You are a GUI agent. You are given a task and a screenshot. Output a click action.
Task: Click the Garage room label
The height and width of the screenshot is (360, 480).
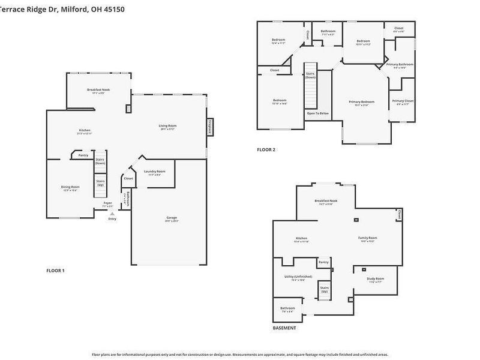[x=172, y=218]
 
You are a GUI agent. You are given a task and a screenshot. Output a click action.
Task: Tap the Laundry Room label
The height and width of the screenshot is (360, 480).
[x=154, y=172]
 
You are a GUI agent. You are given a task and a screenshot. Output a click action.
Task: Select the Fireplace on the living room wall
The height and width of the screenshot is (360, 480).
[x=209, y=127]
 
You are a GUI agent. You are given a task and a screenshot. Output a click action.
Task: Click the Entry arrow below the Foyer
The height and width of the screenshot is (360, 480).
[x=112, y=214]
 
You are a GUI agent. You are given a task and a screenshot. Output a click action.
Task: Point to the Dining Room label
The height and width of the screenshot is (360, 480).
[x=70, y=187]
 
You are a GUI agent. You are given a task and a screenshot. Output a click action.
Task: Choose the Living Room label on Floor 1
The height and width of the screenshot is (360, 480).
[x=167, y=126]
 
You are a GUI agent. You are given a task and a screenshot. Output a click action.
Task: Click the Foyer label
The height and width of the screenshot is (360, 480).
[x=107, y=203]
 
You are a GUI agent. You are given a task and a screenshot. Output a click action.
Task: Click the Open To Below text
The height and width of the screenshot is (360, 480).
[x=317, y=113]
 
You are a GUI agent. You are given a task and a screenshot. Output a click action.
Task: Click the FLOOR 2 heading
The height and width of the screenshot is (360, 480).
[x=266, y=149]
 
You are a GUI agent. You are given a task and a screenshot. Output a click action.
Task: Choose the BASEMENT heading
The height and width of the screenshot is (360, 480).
[x=284, y=328]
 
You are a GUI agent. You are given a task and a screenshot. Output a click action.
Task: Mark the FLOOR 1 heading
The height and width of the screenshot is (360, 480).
[x=55, y=271]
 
